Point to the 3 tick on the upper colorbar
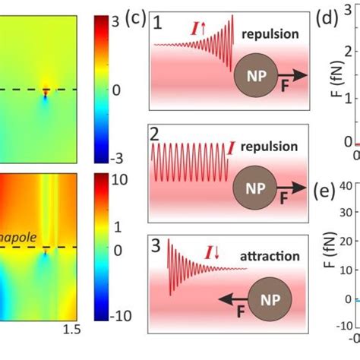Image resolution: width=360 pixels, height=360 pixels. pyautogui.click(x=117, y=22)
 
